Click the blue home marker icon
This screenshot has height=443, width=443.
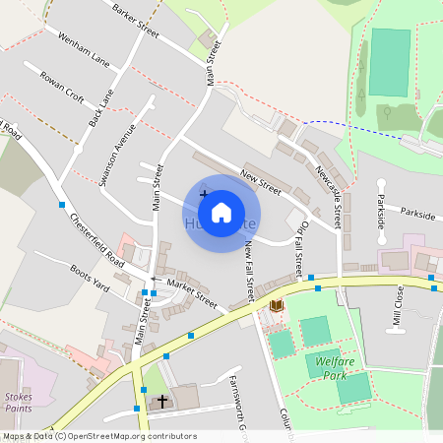[221, 212]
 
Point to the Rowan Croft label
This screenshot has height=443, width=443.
[62, 86]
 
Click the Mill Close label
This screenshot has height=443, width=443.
[399, 306]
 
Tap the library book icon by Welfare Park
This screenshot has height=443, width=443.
[277, 306]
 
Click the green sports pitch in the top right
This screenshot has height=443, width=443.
[391, 61]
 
